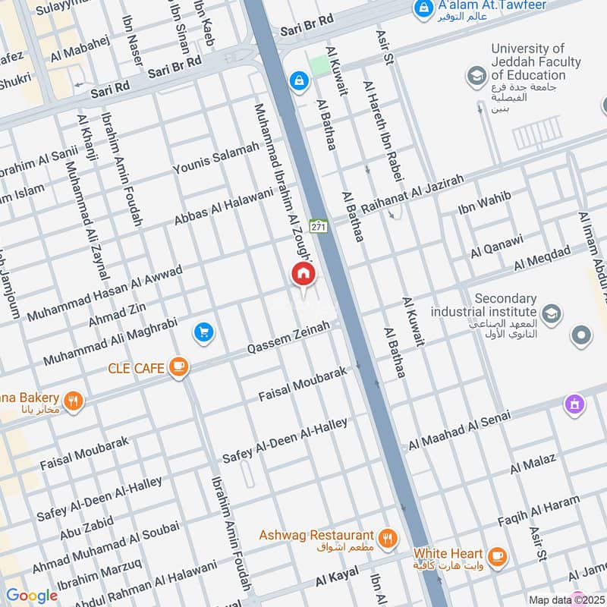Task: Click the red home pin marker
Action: [303, 274]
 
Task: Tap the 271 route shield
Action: [319, 226]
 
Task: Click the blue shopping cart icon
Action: [203, 332]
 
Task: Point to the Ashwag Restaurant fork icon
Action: [388, 538]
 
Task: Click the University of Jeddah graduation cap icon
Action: [476, 76]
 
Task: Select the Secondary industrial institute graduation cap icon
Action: [552, 312]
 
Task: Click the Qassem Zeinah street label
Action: [289, 338]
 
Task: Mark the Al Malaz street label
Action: [533, 463]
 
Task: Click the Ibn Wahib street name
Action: [485, 203]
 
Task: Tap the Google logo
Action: [31, 596]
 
